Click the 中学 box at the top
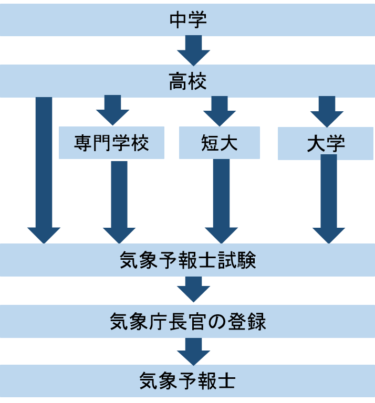pos(187,20)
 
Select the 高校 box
pos(187,81)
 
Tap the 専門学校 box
pos(111,143)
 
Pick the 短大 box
pos(220,143)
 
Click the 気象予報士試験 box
pos(187,260)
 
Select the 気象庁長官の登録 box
pos(187,321)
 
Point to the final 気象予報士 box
pos(187,381)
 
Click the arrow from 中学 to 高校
pos(193,50)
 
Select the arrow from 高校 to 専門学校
pos(112,110)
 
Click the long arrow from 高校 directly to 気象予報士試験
pos(44,168)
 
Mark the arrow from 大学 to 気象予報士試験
pos(329,199)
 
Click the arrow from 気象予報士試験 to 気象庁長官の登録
pos(193,289)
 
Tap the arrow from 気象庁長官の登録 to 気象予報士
pos(193,351)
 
